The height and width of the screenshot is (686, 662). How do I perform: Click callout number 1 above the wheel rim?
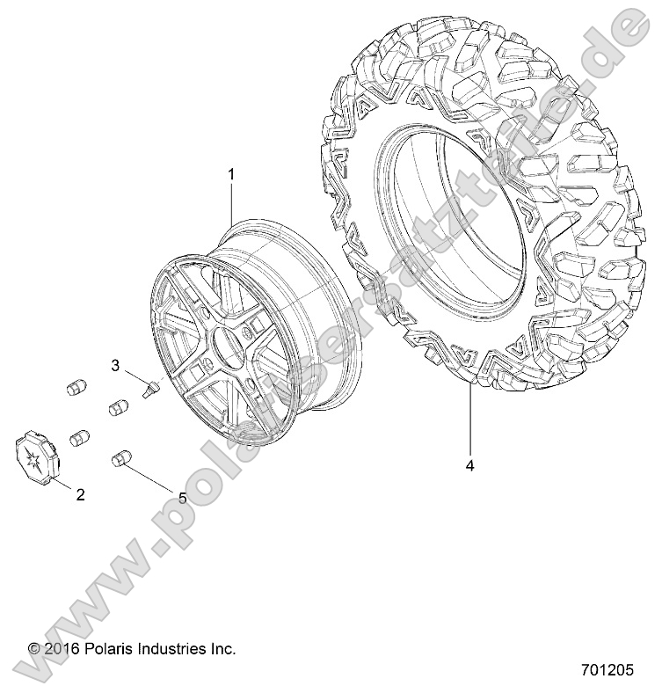(231, 174)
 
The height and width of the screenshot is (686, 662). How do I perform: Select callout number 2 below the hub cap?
(80, 495)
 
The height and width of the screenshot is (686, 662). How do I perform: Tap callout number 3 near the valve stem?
(140, 365)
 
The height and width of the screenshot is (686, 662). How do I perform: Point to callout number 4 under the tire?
(469, 466)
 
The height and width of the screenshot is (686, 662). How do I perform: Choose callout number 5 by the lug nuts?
(183, 498)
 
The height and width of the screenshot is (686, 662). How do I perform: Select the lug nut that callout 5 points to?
(120, 459)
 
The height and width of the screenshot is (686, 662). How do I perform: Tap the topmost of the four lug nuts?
(77, 388)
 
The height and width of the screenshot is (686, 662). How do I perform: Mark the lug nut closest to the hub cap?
(81, 437)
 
